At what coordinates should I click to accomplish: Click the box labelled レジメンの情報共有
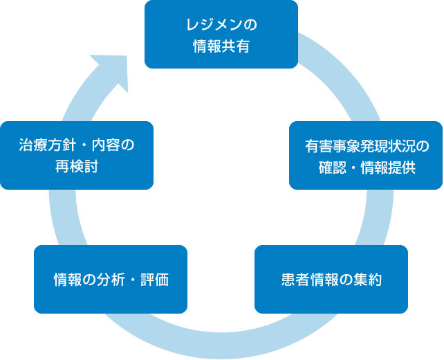coord(221,35)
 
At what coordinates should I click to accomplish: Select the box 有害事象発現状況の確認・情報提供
coord(366,155)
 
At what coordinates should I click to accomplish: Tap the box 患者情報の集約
coord(331,279)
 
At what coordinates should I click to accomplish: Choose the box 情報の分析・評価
coord(111,279)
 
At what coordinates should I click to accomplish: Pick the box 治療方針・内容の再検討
coord(77,155)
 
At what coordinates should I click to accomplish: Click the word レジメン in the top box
coord(214,24)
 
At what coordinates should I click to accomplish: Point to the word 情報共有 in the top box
coord(221,46)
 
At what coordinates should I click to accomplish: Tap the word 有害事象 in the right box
coord(333,146)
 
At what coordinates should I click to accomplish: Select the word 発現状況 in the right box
coord(388,146)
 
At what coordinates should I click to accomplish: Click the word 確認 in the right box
coord(333,168)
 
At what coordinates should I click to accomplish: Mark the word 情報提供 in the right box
coord(388,168)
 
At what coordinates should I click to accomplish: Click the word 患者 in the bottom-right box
coord(295,280)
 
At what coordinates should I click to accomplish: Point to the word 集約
coord(367,280)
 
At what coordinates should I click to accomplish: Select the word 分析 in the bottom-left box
coord(111,280)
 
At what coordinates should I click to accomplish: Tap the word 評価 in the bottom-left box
coord(155,280)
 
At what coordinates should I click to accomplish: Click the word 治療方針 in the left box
coord(47,145)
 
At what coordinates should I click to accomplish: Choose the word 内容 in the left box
coord(105,145)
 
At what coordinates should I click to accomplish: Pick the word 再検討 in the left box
coord(77,166)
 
